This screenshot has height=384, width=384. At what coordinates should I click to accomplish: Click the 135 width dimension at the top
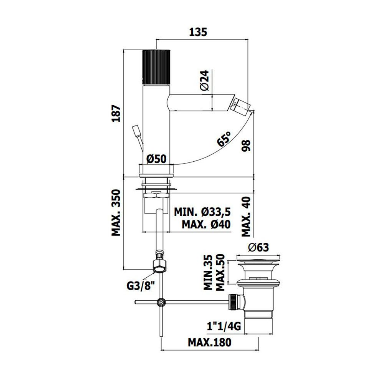point(198,32)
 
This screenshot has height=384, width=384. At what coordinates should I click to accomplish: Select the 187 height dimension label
point(116,114)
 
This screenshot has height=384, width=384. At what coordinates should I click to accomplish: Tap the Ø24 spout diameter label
point(205,80)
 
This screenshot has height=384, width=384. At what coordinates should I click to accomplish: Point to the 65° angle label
point(223,139)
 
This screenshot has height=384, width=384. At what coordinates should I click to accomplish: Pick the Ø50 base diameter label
point(156,159)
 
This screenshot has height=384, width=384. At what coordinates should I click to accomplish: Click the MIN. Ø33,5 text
point(202,212)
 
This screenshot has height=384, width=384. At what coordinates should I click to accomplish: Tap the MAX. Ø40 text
point(206,224)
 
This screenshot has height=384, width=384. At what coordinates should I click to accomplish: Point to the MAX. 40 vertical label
point(247,217)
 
